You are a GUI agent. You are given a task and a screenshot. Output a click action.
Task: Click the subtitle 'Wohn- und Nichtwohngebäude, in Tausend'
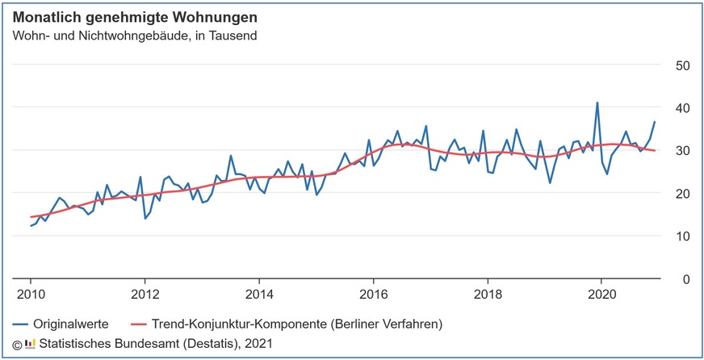click(133, 36)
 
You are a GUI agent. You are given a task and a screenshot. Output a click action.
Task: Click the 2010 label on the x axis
click(31, 294)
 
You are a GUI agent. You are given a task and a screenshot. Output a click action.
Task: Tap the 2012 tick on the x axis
click(145, 294)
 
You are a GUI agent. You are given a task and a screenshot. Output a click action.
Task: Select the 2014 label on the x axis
click(259, 294)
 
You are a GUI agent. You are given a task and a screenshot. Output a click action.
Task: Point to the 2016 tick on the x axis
click(373, 294)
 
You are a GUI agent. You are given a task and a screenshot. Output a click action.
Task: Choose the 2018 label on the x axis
click(487, 294)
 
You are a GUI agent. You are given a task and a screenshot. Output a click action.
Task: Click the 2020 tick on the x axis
click(601, 294)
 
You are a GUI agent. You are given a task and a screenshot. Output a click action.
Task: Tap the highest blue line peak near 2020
click(597, 103)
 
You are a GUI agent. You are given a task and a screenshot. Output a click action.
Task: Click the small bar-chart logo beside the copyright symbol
click(30, 344)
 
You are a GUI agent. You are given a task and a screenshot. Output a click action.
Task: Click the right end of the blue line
click(655, 122)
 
